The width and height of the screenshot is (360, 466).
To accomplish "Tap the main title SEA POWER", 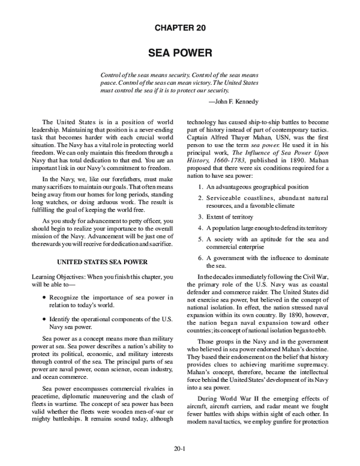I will [180, 53].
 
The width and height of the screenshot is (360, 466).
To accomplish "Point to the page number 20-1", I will [180, 447].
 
